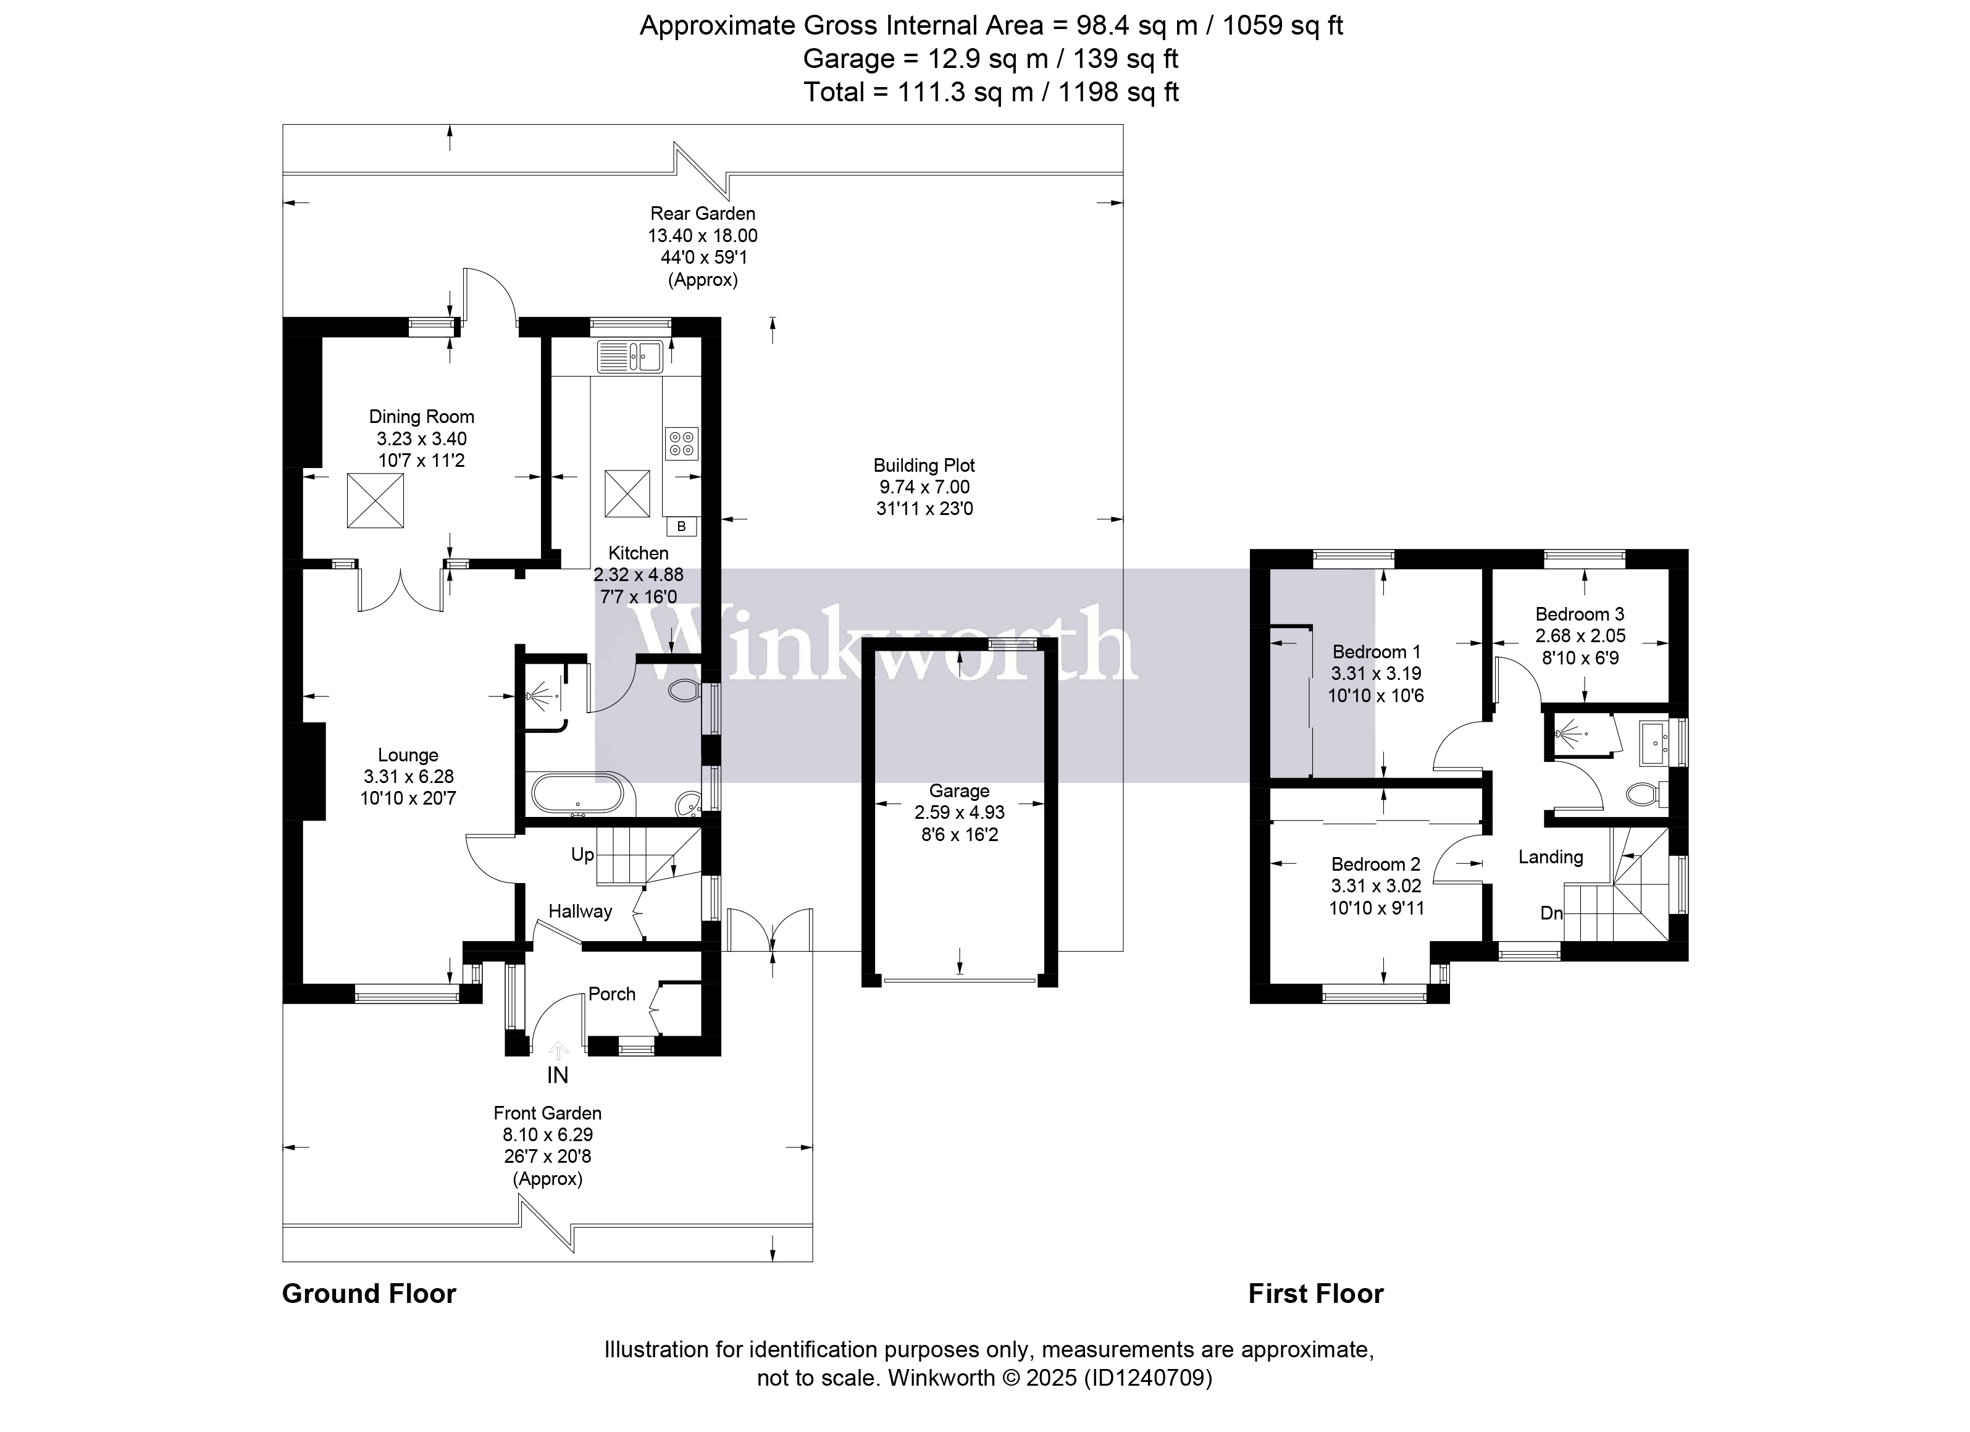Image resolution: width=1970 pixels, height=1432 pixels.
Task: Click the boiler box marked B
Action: pyautogui.click(x=682, y=526)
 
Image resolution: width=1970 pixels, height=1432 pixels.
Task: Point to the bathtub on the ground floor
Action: pyautogui.click(x=577, y=793)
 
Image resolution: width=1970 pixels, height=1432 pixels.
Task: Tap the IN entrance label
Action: pyautogui.click(x=557, y=1075)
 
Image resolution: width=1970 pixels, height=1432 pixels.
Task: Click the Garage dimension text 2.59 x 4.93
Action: pyautogui.click(x=959, y=813)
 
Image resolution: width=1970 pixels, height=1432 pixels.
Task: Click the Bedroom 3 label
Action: pyautogui.click(x=1579, y=614)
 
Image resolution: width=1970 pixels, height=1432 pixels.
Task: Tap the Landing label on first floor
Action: pyautogui.click(x=1551, y=857)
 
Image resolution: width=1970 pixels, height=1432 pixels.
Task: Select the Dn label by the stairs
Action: pyautogui.click(x=1551, y=913)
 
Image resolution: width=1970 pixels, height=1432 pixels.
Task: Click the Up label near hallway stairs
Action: pyautogui.click(x=582, y=855)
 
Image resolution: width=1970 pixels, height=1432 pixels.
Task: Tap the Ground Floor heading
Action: pyautogui.click(x=369, y=1294)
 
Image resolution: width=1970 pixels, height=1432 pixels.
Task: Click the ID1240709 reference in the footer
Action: pyautogui.click(x=1147, y=1377)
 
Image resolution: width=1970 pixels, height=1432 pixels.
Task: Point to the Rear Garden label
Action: pyautogui.click(x=703, y=214)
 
